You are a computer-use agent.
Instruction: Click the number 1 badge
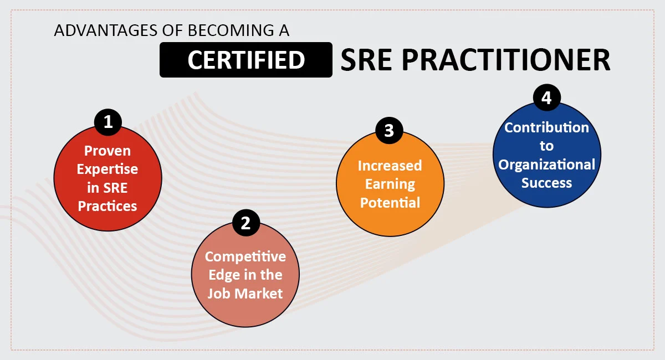click(x=108, y=122)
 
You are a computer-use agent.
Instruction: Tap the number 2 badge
click(x=245, y=223)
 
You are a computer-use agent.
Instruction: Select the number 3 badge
click(x=389, y=131)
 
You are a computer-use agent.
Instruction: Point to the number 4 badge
click(x=546, y=98)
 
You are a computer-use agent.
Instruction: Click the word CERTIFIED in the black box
click(x=246, y=60)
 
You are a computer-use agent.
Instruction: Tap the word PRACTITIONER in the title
click(x=506, y=60)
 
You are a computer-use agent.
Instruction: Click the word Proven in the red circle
click(x=108, y=151)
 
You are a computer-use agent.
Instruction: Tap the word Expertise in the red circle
click(x=108, y=169)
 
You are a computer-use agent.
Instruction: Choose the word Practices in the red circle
click(x=108, y=206)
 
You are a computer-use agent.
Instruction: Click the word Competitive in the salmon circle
click(x=245, y=256)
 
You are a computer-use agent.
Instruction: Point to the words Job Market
click(x=245, y=293)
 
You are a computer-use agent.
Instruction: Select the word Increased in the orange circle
click(x=390, y=166)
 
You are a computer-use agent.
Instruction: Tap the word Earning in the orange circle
click(x=390, y=184)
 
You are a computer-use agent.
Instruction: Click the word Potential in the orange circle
click(x=390, y=202)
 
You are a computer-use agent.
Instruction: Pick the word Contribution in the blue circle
click(x=546, y=127)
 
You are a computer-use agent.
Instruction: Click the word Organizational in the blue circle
click(x=546, y=164)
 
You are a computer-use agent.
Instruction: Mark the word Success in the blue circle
click(x=546, y=183)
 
